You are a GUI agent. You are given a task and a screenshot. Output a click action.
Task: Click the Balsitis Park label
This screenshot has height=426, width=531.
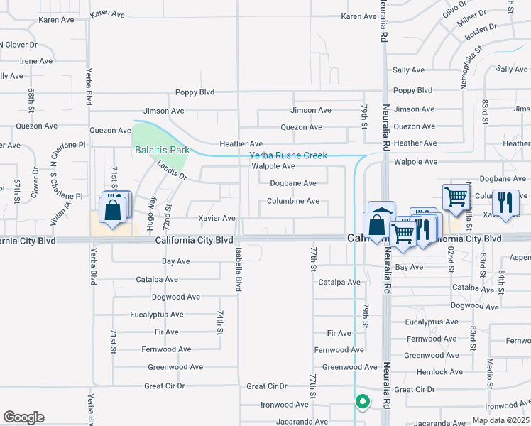click(x=163, y=150)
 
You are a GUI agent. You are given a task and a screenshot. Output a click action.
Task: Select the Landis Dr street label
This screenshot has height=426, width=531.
click(x=172, y=168)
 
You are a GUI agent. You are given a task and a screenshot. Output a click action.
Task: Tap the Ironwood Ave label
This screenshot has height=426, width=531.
click(x=285, y=405)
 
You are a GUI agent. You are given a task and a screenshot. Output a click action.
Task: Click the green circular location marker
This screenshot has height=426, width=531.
click(x=363, y=401)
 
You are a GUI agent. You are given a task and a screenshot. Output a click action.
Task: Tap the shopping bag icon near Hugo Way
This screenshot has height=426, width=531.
click(x=113, y=211)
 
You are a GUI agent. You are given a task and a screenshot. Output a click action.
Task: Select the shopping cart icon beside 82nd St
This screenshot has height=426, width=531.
click(x=454, y=195)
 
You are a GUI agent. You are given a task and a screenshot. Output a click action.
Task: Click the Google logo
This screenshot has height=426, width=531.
click(x=23, y=417)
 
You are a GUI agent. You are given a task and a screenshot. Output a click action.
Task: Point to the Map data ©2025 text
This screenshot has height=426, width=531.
click(x=500, y=420)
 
